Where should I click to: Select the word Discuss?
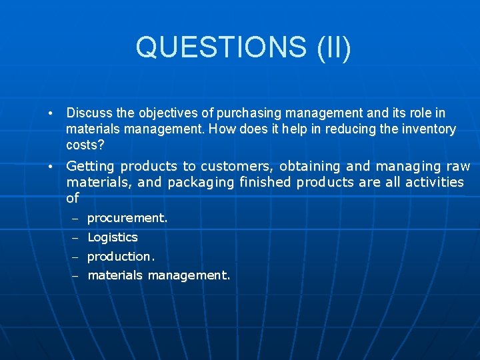point(89,113)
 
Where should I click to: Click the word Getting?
point(90,167)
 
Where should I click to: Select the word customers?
point(237,167)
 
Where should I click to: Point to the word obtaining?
point(311,167)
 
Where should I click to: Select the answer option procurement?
point(127,218)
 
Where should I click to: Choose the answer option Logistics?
point(113,237)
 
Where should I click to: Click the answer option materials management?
point(159,275)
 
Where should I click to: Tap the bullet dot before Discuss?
point(51,114)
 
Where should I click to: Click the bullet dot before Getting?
point(51,167)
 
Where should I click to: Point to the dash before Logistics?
point(76,238)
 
